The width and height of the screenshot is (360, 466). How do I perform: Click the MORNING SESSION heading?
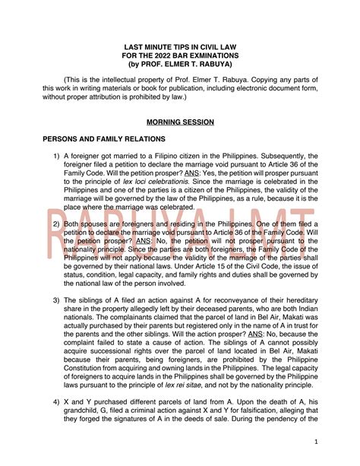pos(181,122)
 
